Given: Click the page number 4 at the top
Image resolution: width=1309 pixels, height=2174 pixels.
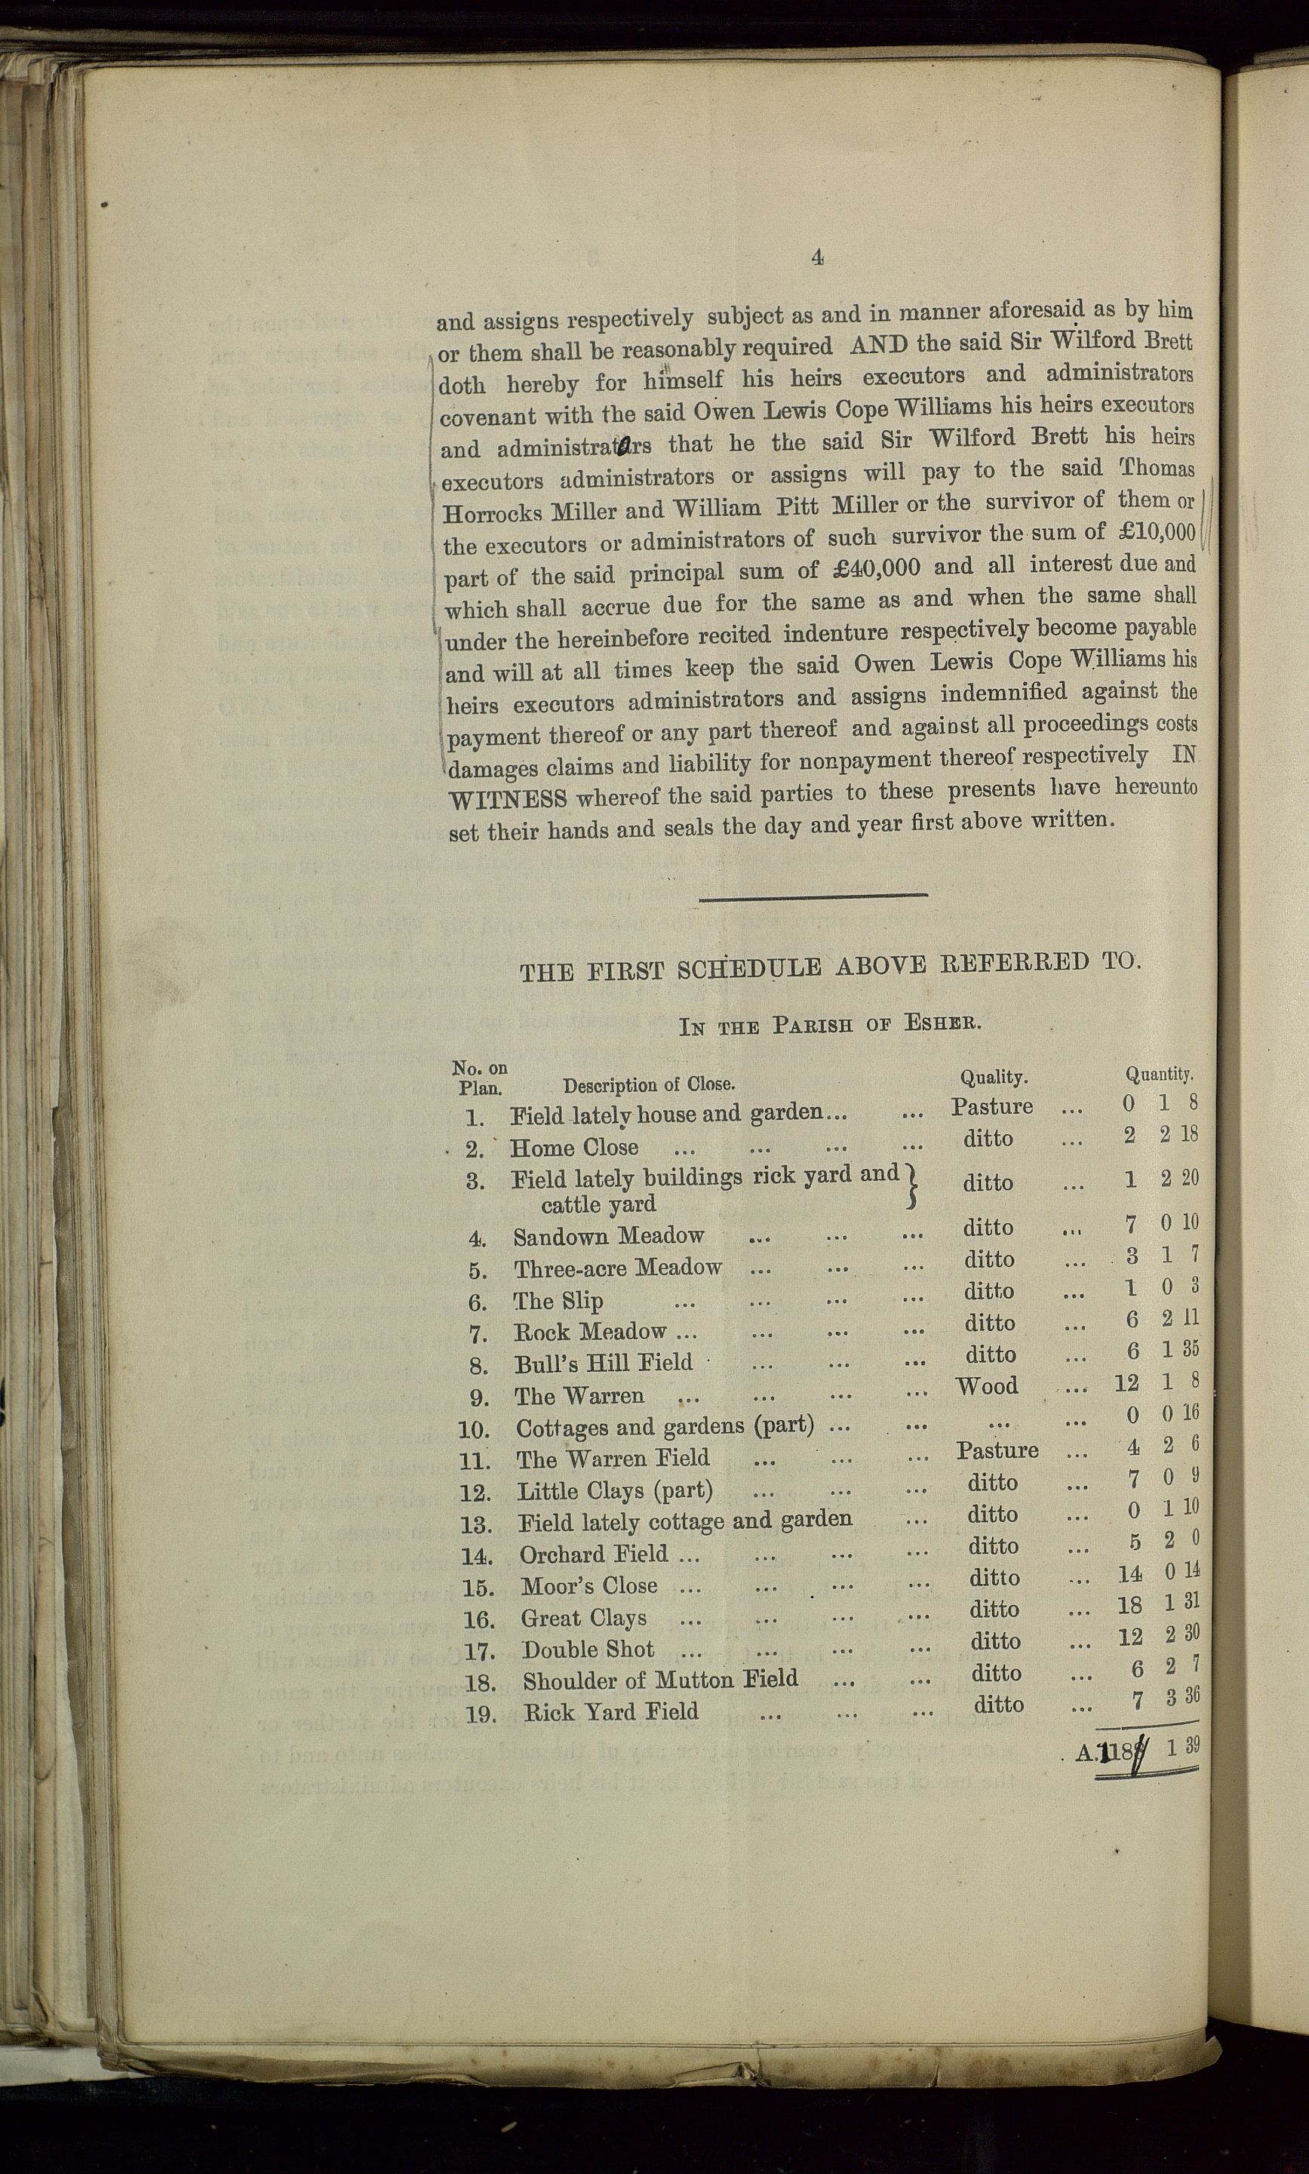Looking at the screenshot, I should (x=817, y=257).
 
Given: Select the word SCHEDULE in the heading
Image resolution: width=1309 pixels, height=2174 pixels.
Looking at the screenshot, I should (x=748, y=969).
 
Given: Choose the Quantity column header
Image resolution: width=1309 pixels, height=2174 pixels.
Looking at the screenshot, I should (x=1158, y=1075).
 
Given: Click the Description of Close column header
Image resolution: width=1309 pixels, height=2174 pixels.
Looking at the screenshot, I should (x=649, y=1085).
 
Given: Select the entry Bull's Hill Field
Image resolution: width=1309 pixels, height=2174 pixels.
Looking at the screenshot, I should (x=604, y=1364).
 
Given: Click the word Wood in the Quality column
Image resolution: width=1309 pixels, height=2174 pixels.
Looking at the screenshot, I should (x=987, y=1386).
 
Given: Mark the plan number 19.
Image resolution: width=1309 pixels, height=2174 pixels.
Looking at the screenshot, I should (x=481, y=1715).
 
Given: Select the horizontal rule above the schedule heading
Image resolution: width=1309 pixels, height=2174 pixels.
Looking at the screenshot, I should (x=813, y=896).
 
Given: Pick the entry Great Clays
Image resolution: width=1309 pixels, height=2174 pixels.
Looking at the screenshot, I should (x=583, y=1619).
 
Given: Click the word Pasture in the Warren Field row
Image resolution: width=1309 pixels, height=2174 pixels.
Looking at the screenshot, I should (x=997, y=1450).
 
